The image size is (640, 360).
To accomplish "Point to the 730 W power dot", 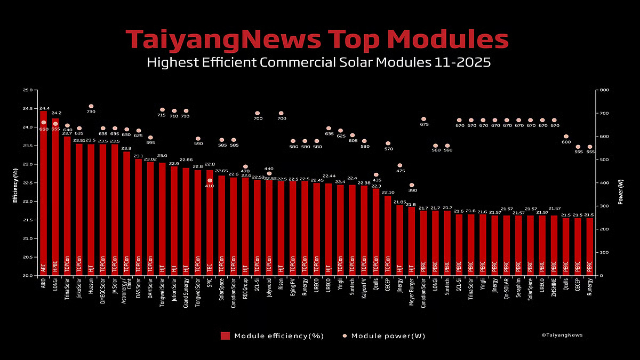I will coord(91,106).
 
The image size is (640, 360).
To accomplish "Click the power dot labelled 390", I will coord(411,185).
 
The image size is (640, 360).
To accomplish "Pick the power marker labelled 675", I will coord(423,119).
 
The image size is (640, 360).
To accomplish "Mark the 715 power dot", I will coord(162,110).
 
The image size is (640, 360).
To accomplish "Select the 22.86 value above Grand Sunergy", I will coord(186,159).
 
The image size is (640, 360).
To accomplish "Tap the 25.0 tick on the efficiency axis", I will coord(28,90).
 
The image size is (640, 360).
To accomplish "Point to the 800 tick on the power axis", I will coord(604,90).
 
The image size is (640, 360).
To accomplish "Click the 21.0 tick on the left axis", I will coord(28,238).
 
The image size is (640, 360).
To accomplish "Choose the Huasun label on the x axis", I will coord(91,290).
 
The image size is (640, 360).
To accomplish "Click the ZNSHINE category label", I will coord(554,292).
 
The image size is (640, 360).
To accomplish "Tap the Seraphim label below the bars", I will coord(518,291).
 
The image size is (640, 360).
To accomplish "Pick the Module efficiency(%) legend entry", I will coord(272,335).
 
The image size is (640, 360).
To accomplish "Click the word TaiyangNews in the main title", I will coord(223,40).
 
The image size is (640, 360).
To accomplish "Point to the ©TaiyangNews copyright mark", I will coord(562,335).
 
